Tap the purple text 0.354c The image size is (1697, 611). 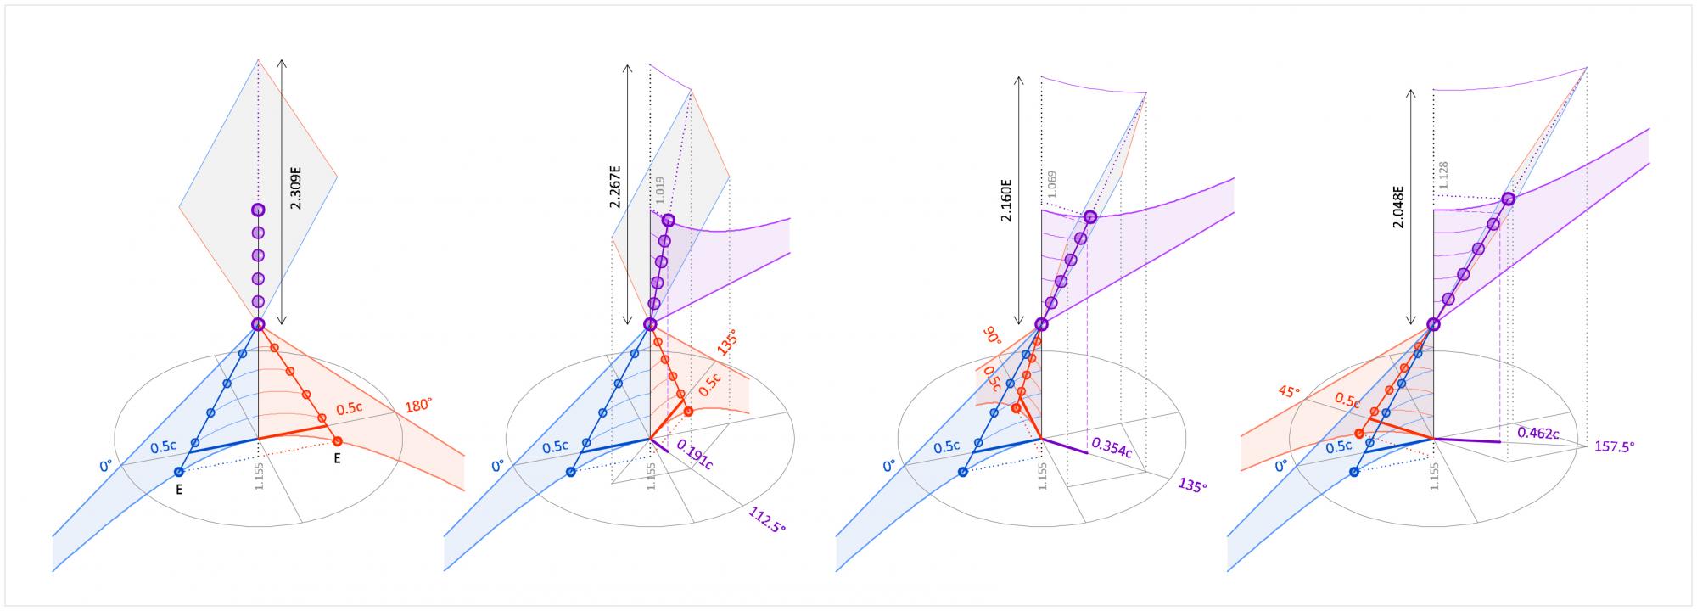point(1111,447)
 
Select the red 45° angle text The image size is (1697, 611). point(1288,393)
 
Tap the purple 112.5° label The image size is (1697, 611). point(767,519)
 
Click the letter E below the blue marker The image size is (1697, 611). point(180,490)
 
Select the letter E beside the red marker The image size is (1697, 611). point(338,458)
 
